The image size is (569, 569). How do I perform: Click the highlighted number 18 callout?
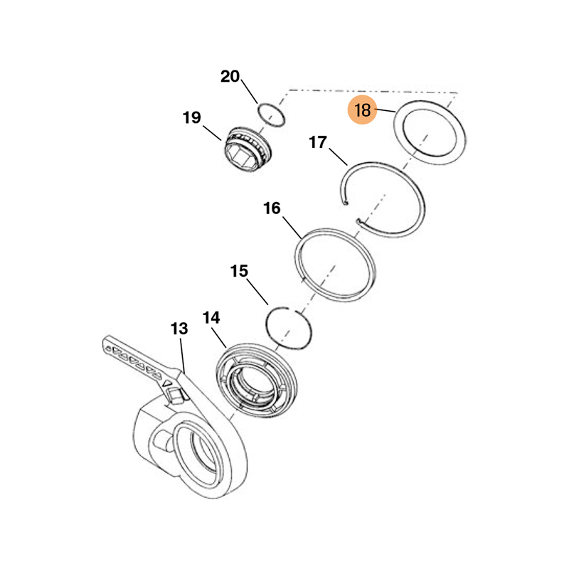pyautogui.click(x=363, y=110)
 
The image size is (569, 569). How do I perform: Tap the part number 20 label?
pyautogui.click(x=230, y=76)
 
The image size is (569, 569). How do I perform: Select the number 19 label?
pyautogui.click(x=191, y=117)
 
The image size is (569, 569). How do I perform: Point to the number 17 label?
pyautogui.click(x=318, y=142)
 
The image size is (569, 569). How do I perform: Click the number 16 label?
pyautogui.click(x=272, y=208)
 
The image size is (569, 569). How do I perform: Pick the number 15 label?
pyautogui.click(x=239, y=271)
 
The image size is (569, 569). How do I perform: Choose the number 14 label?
pyautogui.click(x=211, y=318)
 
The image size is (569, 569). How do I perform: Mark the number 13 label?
pyautogui.click(x=179, y=329)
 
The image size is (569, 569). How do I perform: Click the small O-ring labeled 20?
pyautogui.click(x=271, y=115)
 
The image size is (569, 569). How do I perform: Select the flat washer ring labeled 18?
pyautogui.click(x=430, y=133)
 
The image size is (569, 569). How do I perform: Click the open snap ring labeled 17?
pyautogui.click(x=383, y=200)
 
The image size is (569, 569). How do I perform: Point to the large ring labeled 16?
pyautogui.click(x=334, y=265)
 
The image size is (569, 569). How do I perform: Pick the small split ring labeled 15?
pyautogui.click(x=289, y=328)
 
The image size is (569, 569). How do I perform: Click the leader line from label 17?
pyautogui.click(x=339, y=156)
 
